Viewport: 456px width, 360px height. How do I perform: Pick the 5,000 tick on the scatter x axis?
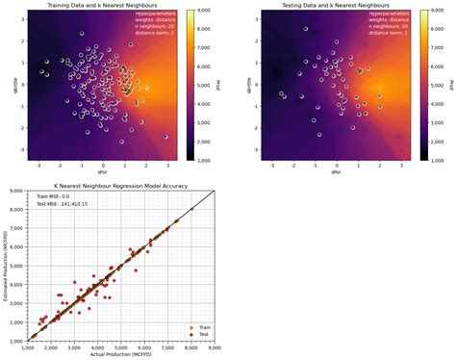tap(121, 347)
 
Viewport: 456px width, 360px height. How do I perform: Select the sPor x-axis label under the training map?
tap(104, 172)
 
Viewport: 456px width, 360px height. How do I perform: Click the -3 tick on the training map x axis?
tap(38, 166)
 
